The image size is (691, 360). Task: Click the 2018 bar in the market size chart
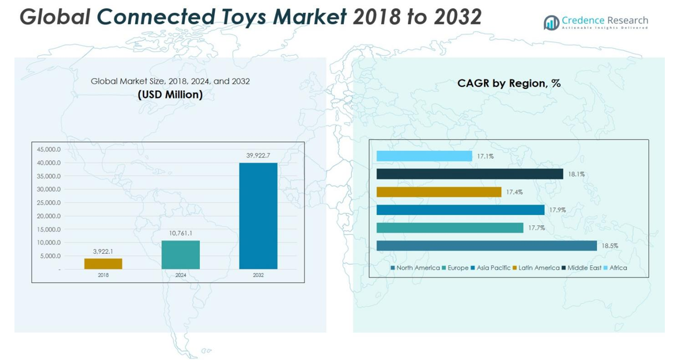(x=103, y=264)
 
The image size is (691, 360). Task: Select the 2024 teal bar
(x=180, y=255)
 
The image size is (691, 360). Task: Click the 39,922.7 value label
(x=258, y=155)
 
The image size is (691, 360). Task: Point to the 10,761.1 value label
(x=180, y=233)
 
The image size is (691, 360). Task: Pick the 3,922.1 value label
(x=103, y=251)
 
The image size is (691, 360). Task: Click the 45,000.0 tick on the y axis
(x=49, y=150)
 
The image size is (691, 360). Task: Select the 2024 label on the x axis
(x=180, y=275)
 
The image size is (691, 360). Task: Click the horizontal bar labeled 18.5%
(x=486, y=245)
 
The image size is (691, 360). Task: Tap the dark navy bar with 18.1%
(x=470, y=174)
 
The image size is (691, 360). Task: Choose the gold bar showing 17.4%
(x=438, y=192)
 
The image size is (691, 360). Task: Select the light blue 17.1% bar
(x=424, y=156)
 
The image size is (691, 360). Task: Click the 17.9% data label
(x=557, y=210)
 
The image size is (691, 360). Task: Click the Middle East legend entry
(x=584, y=268)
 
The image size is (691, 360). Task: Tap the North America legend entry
(x=417, y=268)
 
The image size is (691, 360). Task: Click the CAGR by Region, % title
(x=509, y=83)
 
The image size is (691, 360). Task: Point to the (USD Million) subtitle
(x=170, y=95)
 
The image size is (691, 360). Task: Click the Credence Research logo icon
(x=551, y=23)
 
